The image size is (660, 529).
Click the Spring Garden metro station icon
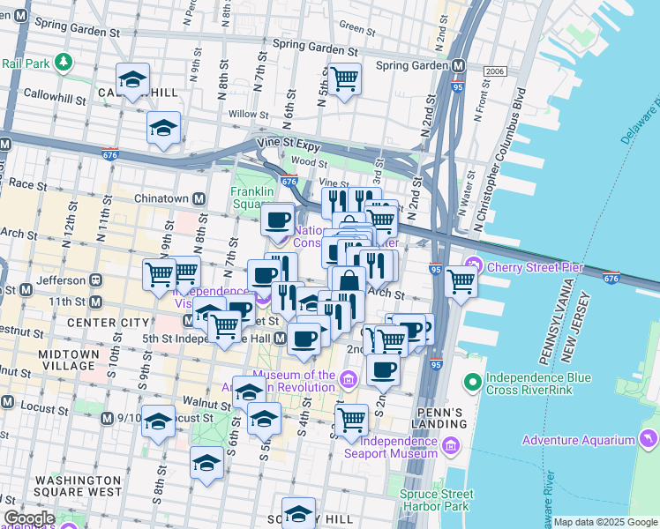458,65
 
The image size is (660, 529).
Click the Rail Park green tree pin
63,63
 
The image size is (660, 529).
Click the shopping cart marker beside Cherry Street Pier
461,282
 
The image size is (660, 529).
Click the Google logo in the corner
29,518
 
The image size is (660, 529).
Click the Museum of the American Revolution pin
348,380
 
